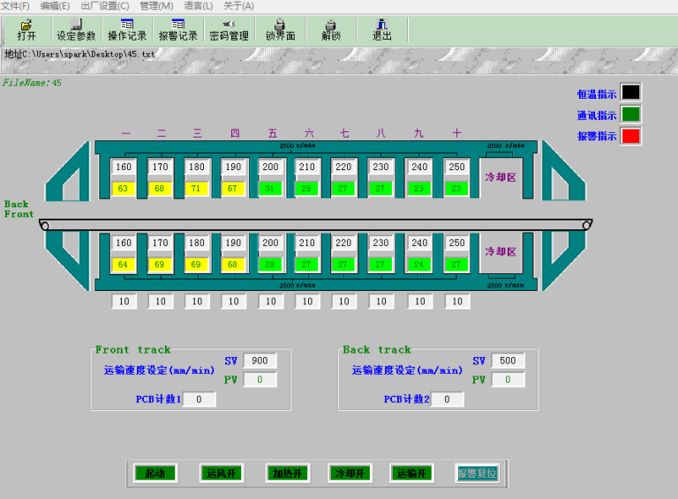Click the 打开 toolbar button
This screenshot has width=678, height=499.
coord(26,31)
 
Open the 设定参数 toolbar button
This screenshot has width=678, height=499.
coord(76,31)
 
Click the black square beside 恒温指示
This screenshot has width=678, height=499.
coord(630,93)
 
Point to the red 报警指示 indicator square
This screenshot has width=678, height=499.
coord(630,136)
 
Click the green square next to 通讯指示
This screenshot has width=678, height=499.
coord(630,114)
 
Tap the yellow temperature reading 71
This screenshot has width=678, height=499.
coord(197,188)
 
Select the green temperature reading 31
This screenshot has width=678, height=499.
coord(270,188)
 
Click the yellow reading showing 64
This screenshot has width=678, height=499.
coord(124,264)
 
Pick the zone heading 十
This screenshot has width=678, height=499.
coord(456,134)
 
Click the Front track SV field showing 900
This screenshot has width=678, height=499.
coord(260,361)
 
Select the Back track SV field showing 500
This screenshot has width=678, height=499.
coord(508,361)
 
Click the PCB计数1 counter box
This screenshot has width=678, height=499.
coord(200,399)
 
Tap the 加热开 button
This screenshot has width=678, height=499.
coord(287,473)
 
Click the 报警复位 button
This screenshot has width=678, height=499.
coord(477,473)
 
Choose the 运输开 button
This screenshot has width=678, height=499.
coord(412,473)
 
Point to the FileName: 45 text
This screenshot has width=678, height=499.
coord(32,83)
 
